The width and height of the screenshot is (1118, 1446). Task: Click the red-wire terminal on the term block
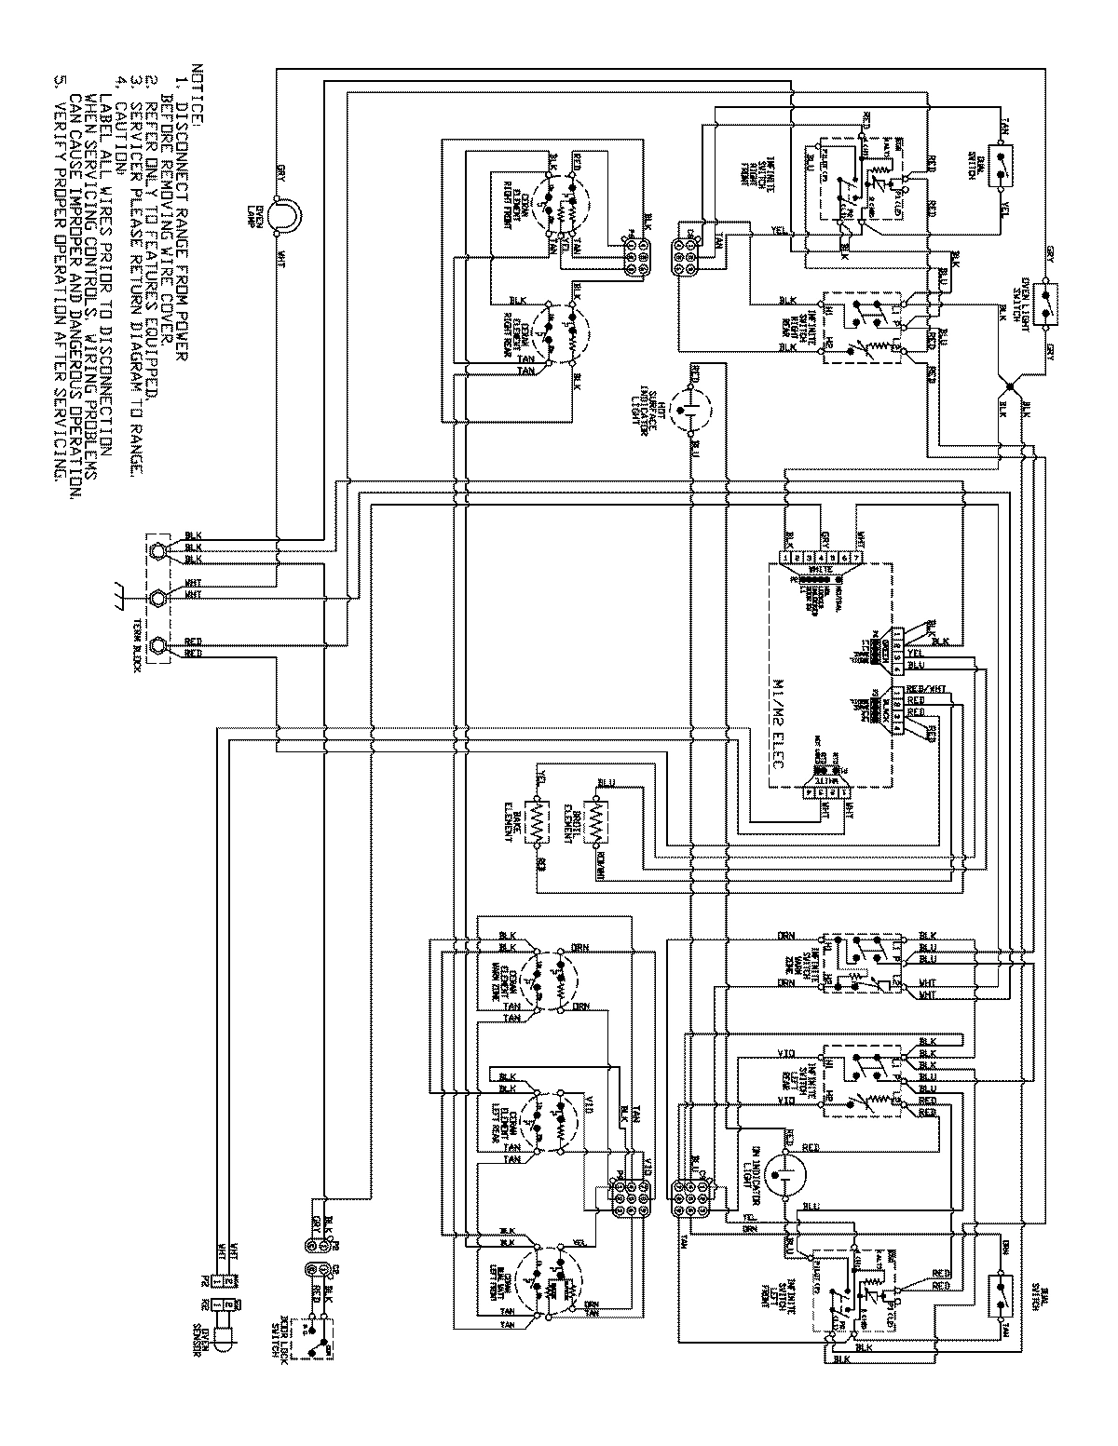point(158,644)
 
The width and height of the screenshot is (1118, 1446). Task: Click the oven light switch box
point(1048,304)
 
